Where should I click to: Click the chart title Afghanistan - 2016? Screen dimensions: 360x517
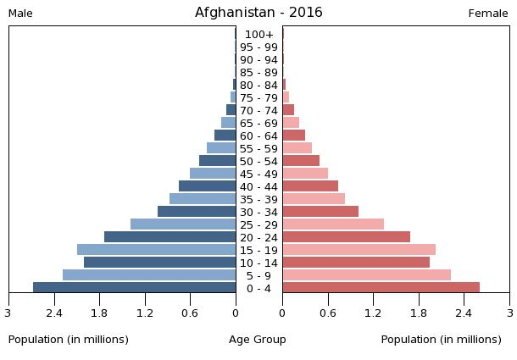[258, 13]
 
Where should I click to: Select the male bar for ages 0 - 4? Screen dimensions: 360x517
[134, 288]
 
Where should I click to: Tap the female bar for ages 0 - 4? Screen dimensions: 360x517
[381, 288]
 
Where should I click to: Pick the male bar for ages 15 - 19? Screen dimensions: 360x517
[156, 250]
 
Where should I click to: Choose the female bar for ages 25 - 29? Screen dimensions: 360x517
[333, 224]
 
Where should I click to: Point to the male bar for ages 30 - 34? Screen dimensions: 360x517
[197, 212]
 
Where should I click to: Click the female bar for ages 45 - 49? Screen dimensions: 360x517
[305, 174]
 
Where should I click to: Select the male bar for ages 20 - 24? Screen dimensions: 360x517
[170, 237]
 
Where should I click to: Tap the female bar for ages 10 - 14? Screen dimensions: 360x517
[356, 263]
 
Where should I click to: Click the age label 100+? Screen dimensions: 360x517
[258, 34]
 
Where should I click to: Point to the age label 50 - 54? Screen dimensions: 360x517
[258, 161]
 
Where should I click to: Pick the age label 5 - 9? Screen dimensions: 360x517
[258, 275]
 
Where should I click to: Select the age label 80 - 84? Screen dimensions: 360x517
[258, 85]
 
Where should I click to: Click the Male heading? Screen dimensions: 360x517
[20, 14]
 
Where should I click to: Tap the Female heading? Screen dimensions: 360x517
[488, 14]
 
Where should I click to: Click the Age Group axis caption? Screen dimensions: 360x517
[258, 340]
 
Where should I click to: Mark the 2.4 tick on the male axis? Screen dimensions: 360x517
[54, 313]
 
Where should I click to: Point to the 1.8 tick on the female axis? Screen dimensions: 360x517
[419, 313]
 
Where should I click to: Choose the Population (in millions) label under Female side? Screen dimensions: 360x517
[441, 340]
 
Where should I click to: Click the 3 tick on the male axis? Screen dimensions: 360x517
[8, 313]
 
